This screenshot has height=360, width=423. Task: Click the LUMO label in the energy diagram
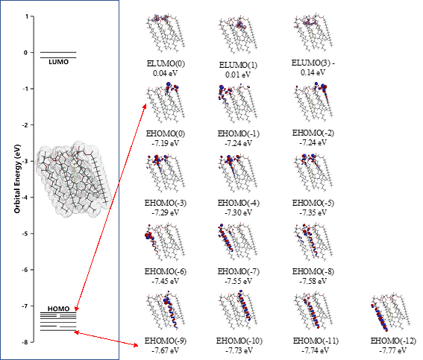click(58, 62)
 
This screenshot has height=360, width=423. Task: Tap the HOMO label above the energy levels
click(58, 309)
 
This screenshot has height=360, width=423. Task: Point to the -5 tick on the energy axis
click(25, 233)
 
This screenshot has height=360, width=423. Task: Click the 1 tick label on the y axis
click(27, 16)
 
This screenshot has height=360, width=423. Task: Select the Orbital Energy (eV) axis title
click(17, 179)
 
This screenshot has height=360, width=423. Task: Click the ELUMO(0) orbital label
click(166, 63)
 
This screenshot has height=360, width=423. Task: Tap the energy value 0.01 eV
click(238, 75)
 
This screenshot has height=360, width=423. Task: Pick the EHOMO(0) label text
click(166, 133)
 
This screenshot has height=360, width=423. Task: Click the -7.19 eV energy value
click(165, 143)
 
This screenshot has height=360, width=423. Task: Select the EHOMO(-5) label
click(313, 203)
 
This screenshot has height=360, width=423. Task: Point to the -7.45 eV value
click(165, 281)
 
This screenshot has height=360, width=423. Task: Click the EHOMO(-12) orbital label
click(393, 341)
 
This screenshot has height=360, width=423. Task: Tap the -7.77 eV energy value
click(392, 350)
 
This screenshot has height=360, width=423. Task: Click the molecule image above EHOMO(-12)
click(390, 312)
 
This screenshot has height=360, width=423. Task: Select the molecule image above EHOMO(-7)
click(238, 241)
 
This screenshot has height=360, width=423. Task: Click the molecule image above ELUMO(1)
click(238, 35)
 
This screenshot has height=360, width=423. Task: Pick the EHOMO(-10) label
click(239, 341)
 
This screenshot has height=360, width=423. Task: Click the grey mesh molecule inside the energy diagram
click(73, 179)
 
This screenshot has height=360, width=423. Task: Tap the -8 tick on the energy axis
click(25, 342)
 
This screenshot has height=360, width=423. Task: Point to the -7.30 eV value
click(238, 212)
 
